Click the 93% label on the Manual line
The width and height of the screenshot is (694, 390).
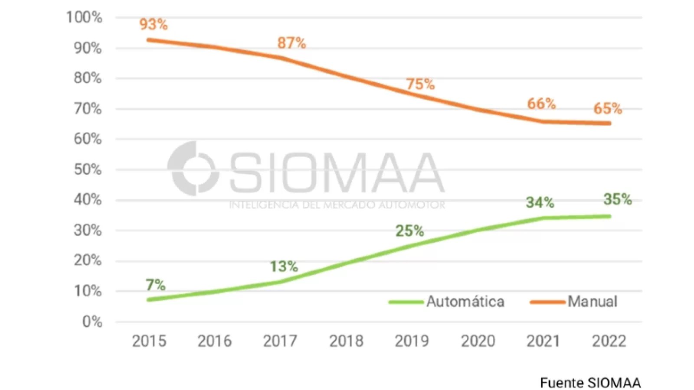coord(154,25)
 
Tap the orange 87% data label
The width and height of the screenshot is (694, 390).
coord(291,43)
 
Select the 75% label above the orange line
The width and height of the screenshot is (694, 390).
coord(420,84)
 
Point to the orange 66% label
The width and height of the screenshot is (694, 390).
coord(541,104)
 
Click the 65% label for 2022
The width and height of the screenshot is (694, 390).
coord(608,108)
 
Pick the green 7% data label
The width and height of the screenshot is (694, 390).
coord(155,285)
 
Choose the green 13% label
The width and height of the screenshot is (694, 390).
coord(284,266)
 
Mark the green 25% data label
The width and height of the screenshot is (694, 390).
coord(409,231)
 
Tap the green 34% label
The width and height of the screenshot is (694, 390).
coord(540,202)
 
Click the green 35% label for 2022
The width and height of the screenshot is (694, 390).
coord(617,199)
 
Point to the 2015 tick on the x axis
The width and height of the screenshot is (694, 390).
coord(149,341)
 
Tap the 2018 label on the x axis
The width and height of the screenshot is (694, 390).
coord(346,341)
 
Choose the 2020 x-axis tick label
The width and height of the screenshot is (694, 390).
coord(478,341)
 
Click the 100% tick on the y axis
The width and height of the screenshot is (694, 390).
coord(84,18)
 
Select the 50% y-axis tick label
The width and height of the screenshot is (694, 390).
coord(88,170)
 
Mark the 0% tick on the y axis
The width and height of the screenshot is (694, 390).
coord(92,322)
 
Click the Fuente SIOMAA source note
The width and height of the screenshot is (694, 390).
coord(590,383)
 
